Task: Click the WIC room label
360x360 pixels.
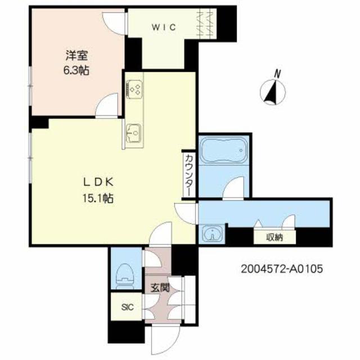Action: coord(164,28)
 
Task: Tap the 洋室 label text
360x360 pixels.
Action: coord(76,55)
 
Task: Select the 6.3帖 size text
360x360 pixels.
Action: coord(76,70)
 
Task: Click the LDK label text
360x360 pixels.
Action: coord(98,183)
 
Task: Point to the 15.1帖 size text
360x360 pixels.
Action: coord(98,198)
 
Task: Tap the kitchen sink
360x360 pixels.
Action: coord(134,133)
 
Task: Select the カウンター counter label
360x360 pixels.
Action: coord(189,175)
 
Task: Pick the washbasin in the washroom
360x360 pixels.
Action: coord(213,235)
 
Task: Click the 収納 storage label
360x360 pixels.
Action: coord(274,237)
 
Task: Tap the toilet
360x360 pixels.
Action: coord(125,276)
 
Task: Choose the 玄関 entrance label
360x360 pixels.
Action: coord(160,287)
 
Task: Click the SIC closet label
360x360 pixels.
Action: coord(128,307)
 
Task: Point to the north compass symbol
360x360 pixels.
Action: coord(272,92)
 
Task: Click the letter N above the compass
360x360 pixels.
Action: coord(278,74)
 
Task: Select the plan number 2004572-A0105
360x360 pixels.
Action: coord(282,269)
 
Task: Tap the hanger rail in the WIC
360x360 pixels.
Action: coord(206,24)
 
